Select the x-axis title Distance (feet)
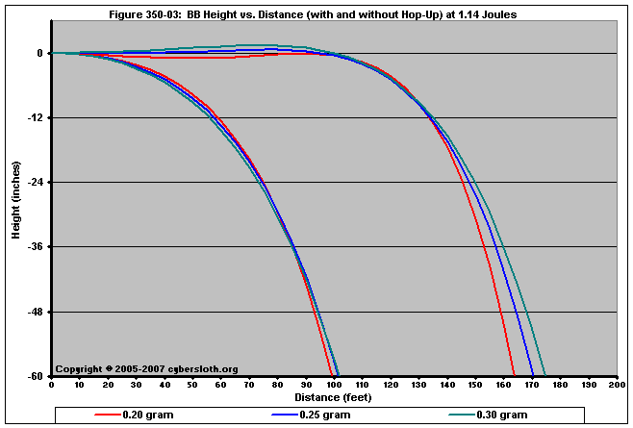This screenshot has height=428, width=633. pyautogui.click(x=333, y=396)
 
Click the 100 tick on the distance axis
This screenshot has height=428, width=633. pyautogui.click(x=334, y=386)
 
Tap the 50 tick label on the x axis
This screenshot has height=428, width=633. pyautogui.click(x=192, y=386)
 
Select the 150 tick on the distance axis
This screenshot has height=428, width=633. pyautogui.click(x=475, y=386)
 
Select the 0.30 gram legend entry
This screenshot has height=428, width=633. pyautogui.click(x=501, y=415)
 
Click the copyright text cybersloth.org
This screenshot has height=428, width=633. pyautogui.click(x=146, y=369)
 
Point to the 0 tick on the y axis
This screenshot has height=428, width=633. pyautogui.click(x=39, y=54)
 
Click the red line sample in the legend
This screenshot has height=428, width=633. pyautogui.click(x=106, y=415)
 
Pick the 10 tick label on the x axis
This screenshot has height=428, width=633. pyautogui.click(x=79, y=386)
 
